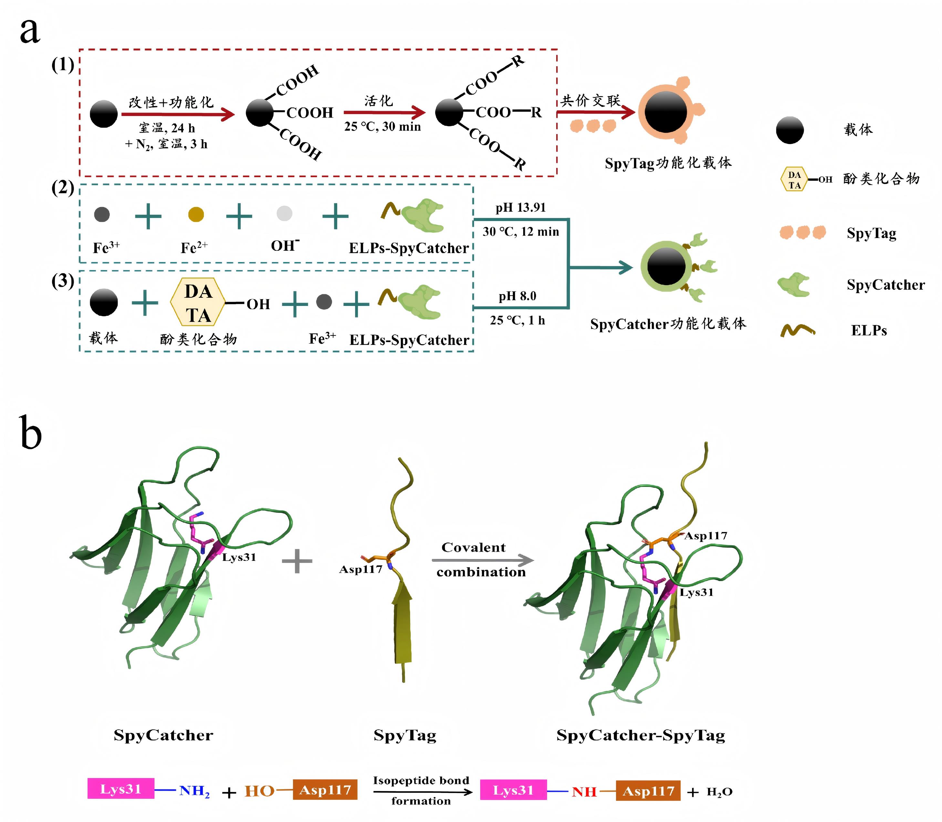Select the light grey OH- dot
(284, 213)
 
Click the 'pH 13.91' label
(521, 208)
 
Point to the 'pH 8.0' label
(517, 296)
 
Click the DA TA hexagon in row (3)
(198, 302)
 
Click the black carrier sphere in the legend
(789, 130)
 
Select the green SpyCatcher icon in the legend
(793, 285)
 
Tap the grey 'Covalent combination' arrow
(482, 560)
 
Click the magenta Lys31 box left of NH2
(121, 789)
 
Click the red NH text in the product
(584, 792)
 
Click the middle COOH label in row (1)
(310, 113)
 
